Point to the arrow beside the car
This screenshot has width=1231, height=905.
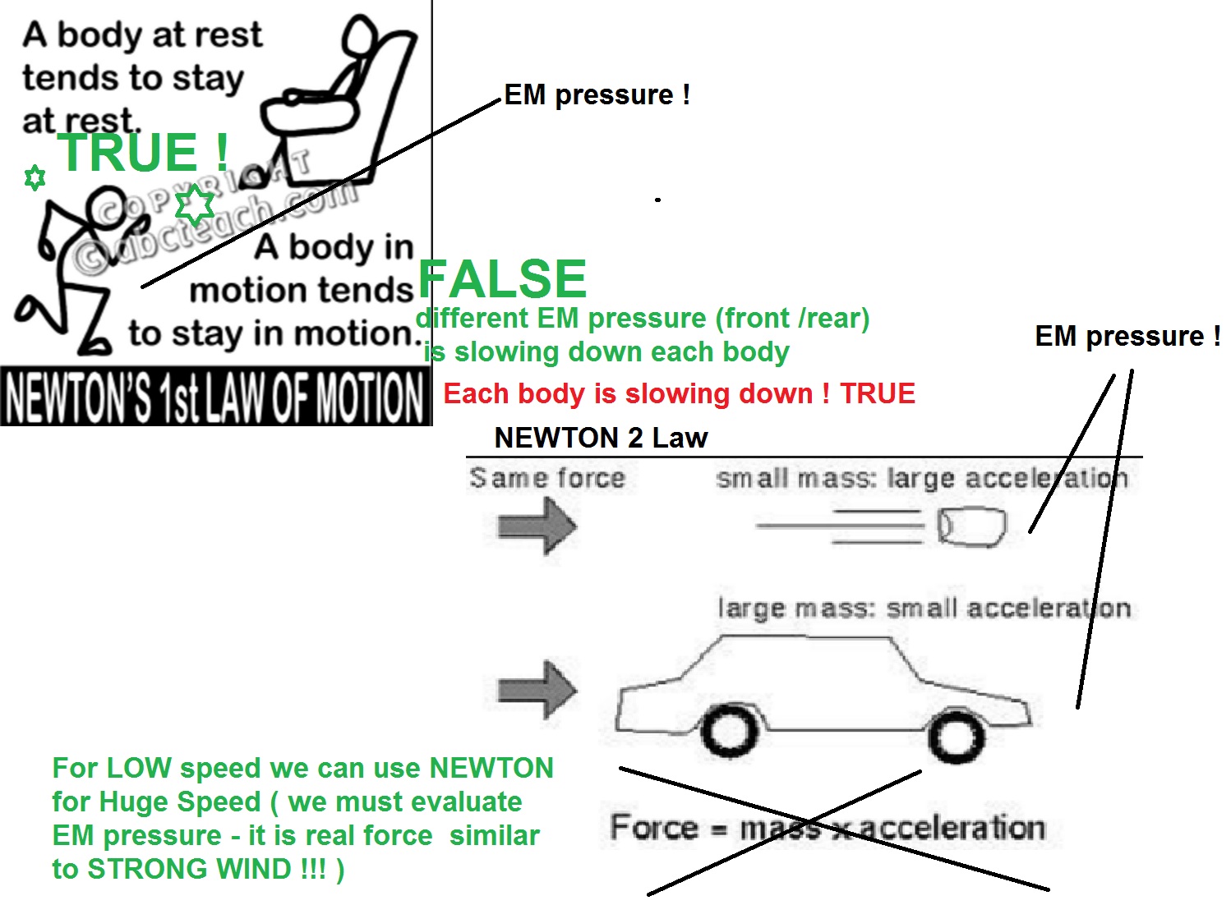[x=537, y=690]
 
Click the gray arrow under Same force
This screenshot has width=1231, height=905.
[x=537, y=526]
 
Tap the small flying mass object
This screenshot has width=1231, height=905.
[x=971, y=527]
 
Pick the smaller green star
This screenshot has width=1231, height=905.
[x=35, y=177]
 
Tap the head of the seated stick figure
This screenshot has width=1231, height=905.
[x=359, y=35]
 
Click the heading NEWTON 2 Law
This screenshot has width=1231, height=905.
[x=601, y=438]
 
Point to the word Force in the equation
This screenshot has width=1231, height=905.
[x=654, y=826]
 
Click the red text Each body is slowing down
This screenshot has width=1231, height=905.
[x=629, y=393]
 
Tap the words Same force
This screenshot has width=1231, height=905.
[x=547, y=478]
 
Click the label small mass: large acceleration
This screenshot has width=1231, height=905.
[x=923, y=479]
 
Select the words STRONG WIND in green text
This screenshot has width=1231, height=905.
[x=190, y=868]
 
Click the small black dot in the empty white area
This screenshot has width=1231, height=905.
[x=657, y=200]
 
